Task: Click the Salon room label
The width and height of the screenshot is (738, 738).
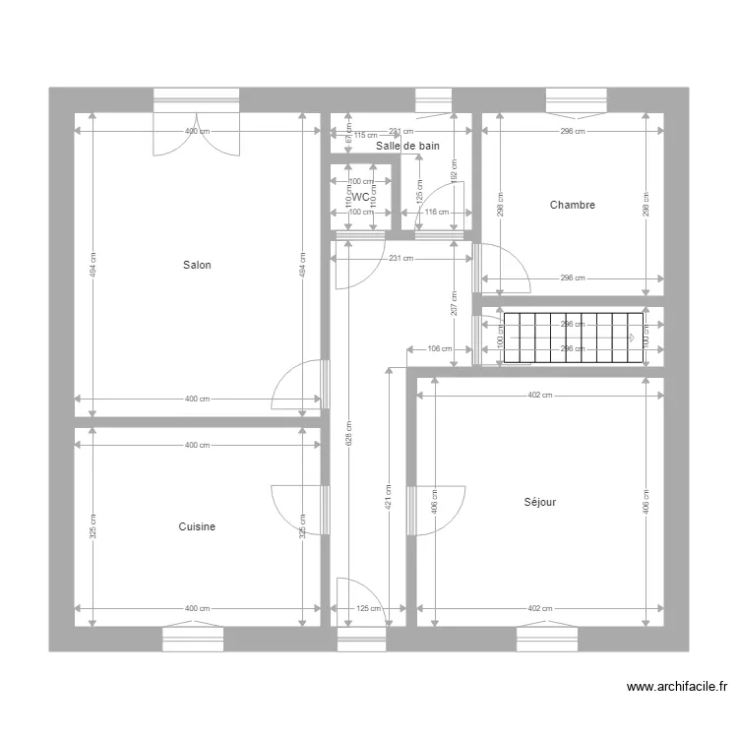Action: pos(197,265)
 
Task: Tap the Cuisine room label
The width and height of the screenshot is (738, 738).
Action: pos(197,526)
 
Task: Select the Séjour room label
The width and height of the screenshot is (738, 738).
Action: pos(540,502)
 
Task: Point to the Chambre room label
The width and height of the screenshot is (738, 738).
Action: pos(573,205)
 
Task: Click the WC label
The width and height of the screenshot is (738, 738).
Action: pos(361,197)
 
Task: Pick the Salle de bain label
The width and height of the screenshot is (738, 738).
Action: pos(407,146)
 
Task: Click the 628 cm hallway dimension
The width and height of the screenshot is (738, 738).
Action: pos(347,433)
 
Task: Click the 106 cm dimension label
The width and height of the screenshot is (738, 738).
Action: pos(440,348)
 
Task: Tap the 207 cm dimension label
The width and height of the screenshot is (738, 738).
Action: pos(453,301)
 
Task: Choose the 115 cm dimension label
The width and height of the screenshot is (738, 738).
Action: pos(366,136)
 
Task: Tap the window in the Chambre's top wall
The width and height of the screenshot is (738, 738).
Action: pos(577,100)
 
